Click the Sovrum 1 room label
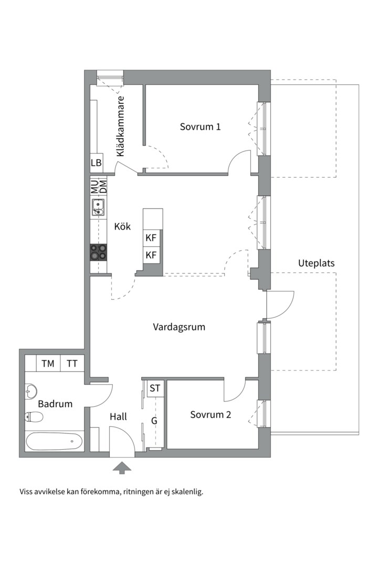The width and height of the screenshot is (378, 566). pos(200,126)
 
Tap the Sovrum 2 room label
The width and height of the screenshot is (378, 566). pos(211,415)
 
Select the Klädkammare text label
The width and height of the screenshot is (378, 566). pos(121,126)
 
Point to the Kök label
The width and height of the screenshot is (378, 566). pos(122,227)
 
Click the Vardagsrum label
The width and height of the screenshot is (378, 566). pos(179,327)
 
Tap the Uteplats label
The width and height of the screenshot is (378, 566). pos(316,263)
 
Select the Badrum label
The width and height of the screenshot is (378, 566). pos(55,404)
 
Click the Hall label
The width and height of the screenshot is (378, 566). pos(118,417)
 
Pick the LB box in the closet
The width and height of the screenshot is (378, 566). pos(96,163)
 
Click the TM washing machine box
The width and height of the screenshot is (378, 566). pos(48,363)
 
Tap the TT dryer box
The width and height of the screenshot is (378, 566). pos(72,363)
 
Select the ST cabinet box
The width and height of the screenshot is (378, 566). pos(155,388)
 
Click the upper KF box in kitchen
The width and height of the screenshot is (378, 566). pos(151,238)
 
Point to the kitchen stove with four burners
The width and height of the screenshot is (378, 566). pos(98,252)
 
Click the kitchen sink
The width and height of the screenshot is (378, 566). pos(98,208)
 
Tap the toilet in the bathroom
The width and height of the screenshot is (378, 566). pos(35,417)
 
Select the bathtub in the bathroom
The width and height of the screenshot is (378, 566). pos(54,441)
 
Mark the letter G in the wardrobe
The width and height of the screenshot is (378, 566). pos(154,420)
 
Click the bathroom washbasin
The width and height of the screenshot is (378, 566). pos(31,390)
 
